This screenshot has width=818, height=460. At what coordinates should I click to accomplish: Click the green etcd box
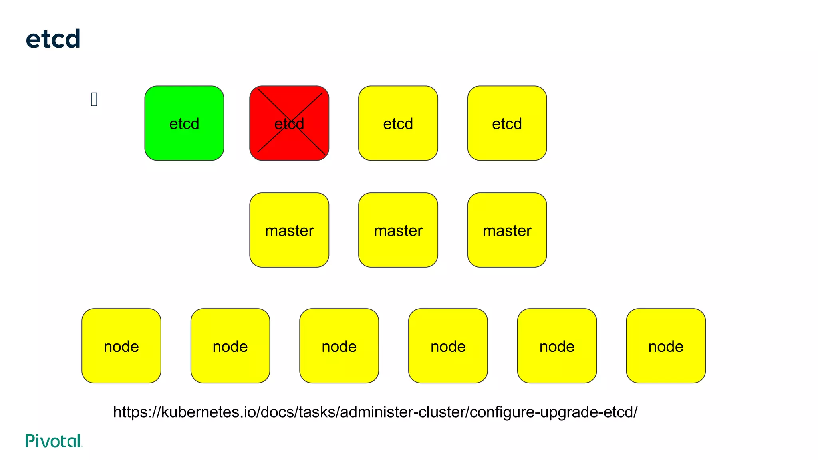pyautogui.click(x=184, y=123)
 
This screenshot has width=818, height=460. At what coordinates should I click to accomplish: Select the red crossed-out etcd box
pyautogui.click(x=289, y=123)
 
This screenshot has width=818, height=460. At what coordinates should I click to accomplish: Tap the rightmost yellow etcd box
pyautogui.click(x=507, y=123)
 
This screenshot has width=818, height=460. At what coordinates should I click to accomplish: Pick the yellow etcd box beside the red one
pyautogui.click(x=398, y=123)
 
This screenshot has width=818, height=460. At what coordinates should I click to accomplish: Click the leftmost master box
pyautogui.click(x=289, y=230)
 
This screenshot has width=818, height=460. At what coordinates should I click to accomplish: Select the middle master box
pyautogui.click(x=398, y=230)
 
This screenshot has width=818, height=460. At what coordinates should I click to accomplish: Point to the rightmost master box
pyautogui.click(x=507, y=230)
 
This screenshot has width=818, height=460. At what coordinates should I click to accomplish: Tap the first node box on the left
pyautogui.click(x=121, y=346)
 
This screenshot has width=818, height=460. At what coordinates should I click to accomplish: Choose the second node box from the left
pyautogui.click(x=230, y=346)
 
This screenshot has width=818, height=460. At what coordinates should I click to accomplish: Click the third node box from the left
pyautogui.click(x=339, y=346)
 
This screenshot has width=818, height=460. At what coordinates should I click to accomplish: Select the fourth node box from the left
pyautogui.click(x=448, y=346)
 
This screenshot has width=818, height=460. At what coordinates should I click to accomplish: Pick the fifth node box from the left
pyautogui.click(x=557, y=346)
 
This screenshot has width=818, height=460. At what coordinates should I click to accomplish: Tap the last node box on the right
pyautogui.click(x=666, y=346)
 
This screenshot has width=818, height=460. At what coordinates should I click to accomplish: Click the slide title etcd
pyautogui.click(x=53, y=39)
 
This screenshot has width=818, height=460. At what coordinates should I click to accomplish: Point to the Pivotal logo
pyautogui.click(x=54, y=441)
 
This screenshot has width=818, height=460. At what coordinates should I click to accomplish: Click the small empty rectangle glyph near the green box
pyautogui.click(x=94, y=99)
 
